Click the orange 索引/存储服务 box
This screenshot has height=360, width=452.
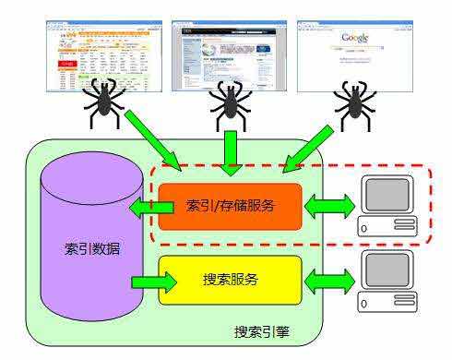click(x=230, y=206)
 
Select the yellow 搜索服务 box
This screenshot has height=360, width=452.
click(x=231, y=278)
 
